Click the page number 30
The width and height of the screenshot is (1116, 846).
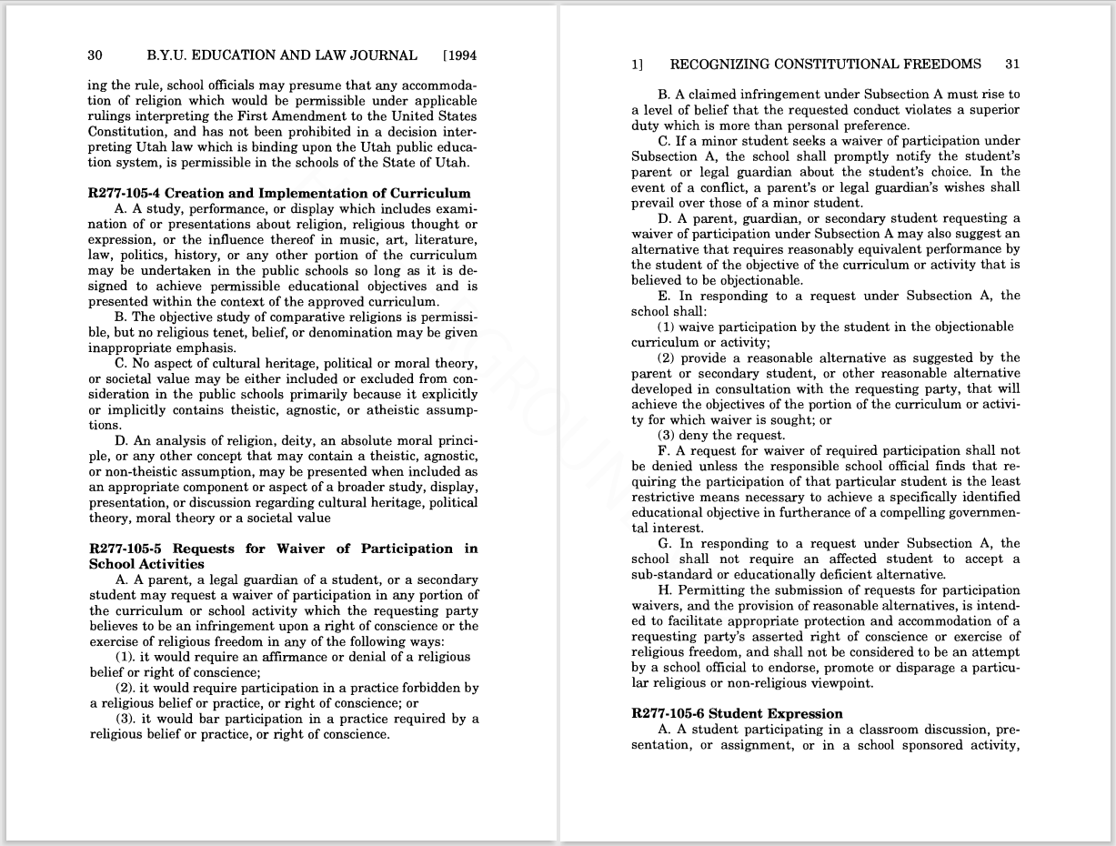[x=95, y=55]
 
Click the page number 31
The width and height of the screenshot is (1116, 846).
[x=1012, y=65]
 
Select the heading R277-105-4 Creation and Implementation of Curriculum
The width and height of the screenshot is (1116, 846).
[x=280, y=193]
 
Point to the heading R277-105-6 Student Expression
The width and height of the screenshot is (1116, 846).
[x=737, y=714]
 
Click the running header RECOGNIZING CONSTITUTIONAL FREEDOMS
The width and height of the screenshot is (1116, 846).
[x=825, y=65]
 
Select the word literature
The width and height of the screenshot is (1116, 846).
[x=447, y=241]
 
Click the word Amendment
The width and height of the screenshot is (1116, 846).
[x=320, y=116]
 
